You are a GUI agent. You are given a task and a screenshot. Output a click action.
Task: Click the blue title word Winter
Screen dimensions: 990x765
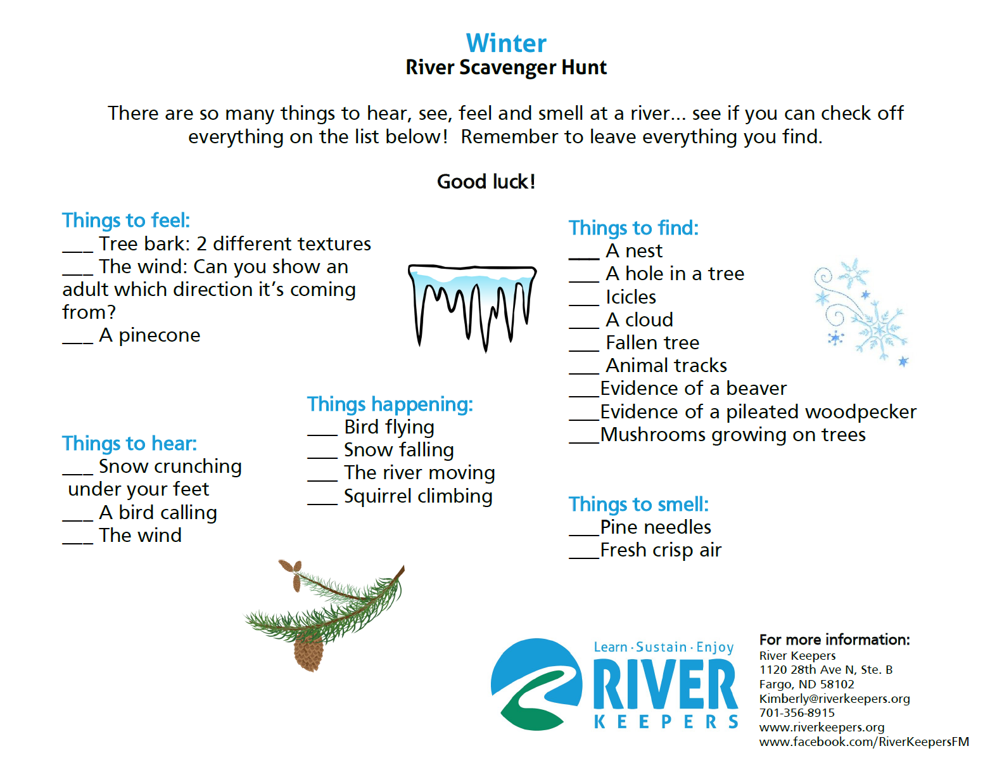point(505,43)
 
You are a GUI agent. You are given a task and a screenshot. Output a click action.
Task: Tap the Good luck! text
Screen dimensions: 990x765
point(486,181)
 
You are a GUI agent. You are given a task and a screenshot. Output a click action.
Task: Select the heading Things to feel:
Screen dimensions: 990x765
point(126,220)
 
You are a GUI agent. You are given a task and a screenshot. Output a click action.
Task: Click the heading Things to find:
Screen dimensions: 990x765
point(633,228)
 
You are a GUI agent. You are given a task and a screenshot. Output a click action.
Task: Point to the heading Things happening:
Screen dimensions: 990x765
point(390,404)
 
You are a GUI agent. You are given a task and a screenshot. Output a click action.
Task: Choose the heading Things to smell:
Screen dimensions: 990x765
point(638,505)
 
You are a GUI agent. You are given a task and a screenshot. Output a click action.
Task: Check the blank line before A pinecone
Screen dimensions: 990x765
point(77,343)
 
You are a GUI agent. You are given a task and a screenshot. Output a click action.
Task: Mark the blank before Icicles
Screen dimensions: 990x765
point(583,304)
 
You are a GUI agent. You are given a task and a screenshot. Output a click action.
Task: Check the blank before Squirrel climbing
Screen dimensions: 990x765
point(322,504)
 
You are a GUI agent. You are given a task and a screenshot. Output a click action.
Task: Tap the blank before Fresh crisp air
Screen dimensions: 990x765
point(583,558)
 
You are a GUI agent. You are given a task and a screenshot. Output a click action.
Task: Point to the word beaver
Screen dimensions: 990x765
point(756,389)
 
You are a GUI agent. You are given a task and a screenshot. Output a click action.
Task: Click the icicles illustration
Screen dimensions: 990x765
point(472,307)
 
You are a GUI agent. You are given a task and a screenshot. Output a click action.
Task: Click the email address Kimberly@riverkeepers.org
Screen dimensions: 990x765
point(834,699)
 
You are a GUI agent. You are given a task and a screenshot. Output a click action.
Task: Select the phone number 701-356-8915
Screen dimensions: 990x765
point(797,713)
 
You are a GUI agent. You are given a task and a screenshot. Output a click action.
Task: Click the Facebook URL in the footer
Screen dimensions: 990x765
point(864,742)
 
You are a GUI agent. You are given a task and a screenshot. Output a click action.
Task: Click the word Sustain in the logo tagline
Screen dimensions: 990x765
point(661,647)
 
